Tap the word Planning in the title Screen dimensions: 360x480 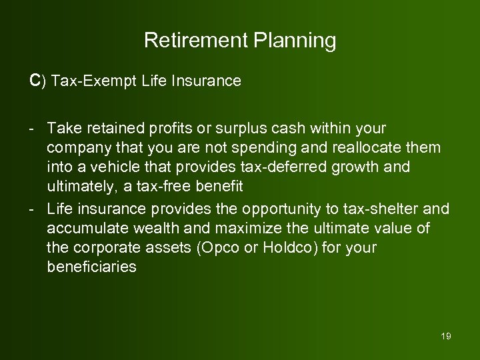tap(295, 41)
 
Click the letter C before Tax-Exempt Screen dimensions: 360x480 tap(35, 81)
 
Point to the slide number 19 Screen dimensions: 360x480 tap(446, 336)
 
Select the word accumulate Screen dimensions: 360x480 tap(84, 229)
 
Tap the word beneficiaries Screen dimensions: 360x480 tap(92, 267)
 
